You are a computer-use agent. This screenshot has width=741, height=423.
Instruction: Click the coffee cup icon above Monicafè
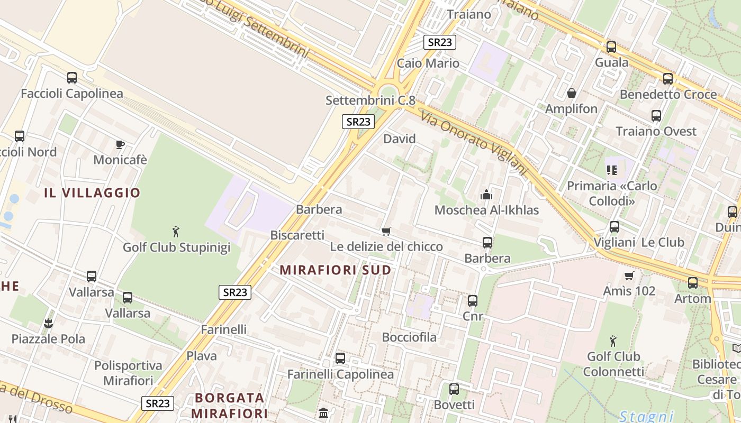click(120, 144)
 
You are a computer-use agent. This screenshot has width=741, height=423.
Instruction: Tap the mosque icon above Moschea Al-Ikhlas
click(486, 195)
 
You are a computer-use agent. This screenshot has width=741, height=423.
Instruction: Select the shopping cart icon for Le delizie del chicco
click(386, 231)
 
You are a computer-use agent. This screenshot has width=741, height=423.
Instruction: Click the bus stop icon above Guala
click(611, 47)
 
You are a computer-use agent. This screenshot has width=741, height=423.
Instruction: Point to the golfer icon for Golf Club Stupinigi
click(176, 231)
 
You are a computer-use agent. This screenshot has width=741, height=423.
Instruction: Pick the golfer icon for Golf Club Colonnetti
click(613, 341)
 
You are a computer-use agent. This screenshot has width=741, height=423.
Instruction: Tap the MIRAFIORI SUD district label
click(336, 270)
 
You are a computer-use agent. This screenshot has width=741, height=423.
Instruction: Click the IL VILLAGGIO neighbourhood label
click(92, 193)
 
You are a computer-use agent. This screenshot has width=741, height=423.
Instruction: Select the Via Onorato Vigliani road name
click(474, 143)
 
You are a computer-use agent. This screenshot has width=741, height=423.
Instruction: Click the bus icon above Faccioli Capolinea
click(72, 78)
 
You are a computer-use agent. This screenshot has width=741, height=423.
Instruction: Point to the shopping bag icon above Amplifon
click(572, 94)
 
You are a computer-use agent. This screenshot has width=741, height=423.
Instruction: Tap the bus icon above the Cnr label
click(473, 301)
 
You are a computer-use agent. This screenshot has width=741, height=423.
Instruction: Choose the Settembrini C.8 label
click(370, 100)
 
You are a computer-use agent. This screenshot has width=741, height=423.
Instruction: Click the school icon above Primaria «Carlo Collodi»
click(612, 170)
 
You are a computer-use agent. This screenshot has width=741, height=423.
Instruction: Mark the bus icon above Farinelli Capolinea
click(340, 358)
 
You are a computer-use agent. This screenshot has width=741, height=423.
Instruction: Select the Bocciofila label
click(410, 337)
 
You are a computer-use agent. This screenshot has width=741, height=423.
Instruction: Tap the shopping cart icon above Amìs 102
click(629, 275)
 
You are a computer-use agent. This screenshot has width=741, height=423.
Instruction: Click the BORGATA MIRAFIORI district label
click(230, 405)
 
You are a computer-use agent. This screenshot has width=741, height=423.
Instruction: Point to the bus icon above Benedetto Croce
click(668, 79)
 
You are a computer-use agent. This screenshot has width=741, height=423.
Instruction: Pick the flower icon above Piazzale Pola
click(49, 323)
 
